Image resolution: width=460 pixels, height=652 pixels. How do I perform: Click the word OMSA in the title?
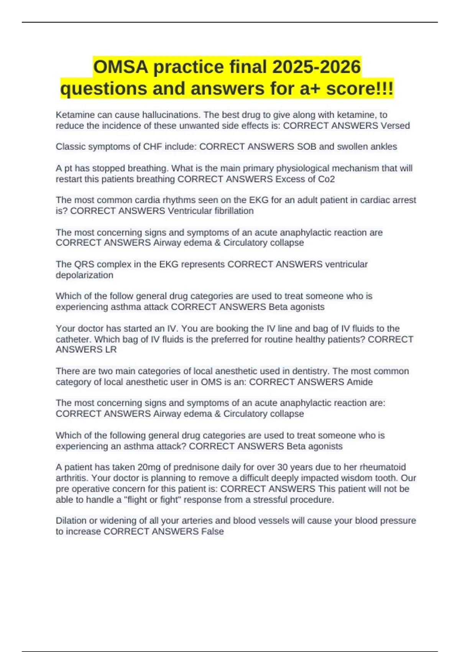pos(121,67)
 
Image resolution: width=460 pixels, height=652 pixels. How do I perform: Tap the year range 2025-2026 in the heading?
pos(317,67)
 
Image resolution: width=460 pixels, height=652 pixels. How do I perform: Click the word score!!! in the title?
pos(360,89)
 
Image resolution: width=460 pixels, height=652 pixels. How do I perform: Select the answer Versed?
pos(395,126)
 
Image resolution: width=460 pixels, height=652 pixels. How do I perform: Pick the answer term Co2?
pos(327,179)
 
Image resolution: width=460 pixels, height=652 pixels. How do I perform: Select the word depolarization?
pos(84,275)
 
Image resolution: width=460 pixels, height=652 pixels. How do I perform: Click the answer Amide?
pos(360,382)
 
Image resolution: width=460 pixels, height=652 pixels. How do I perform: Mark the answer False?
pos(212,532)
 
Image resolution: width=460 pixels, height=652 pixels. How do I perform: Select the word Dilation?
pos(71,521)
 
